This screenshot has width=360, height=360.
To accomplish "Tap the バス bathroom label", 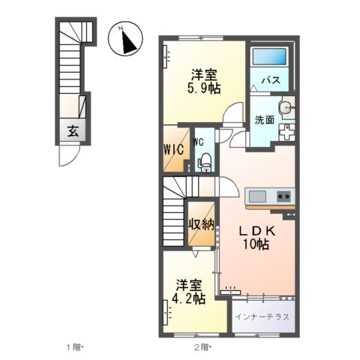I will (270, 81).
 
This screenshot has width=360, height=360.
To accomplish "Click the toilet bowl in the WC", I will (202, 160).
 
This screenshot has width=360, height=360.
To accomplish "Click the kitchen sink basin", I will (256, 196).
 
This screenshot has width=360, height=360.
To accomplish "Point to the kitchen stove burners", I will (284, 196).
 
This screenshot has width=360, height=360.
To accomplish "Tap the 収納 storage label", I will (200, 223).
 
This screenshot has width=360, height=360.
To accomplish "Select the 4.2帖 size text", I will (190, 298).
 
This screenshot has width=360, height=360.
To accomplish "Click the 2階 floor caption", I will (202, 348).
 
